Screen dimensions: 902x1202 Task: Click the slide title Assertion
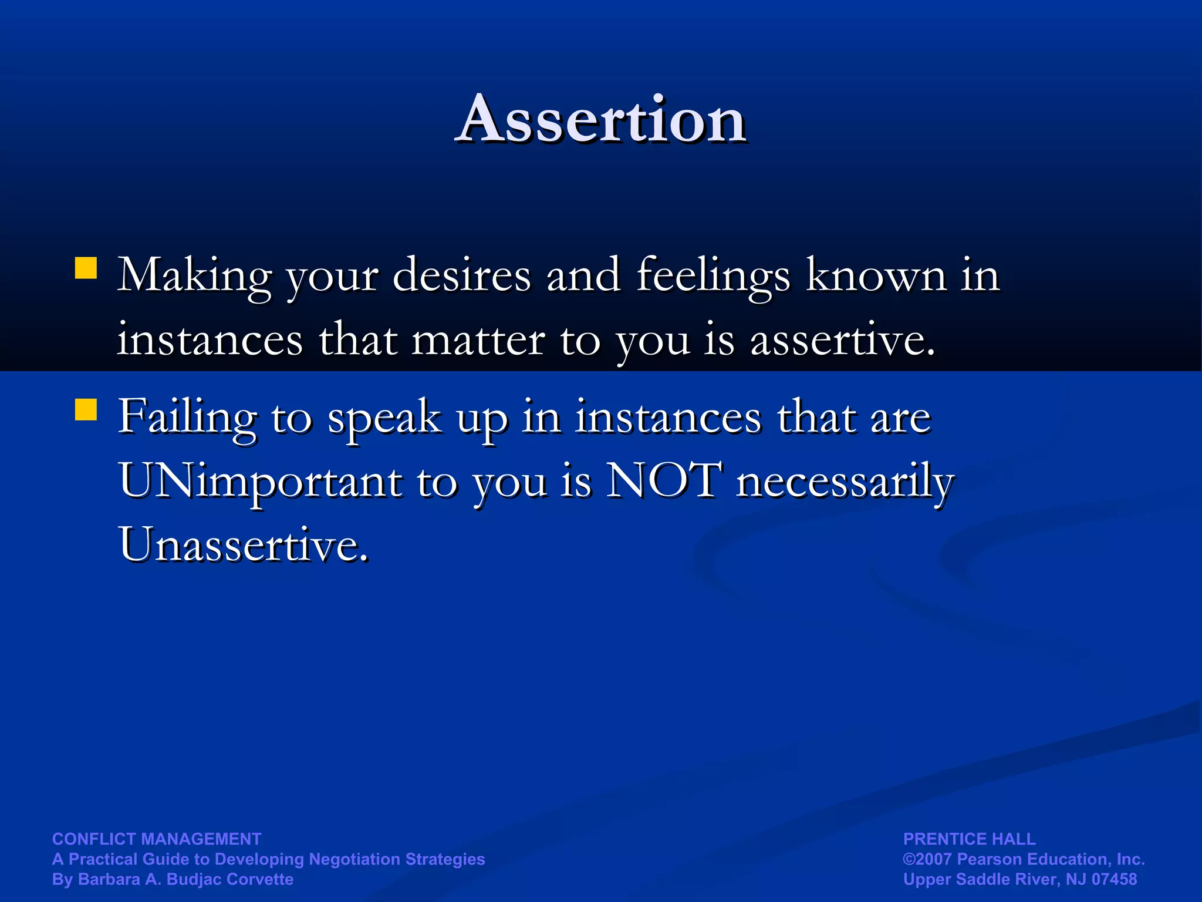[x=601, y=120]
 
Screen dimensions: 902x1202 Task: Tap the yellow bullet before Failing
[x=86, y=410]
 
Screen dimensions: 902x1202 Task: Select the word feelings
[x=713, y=276]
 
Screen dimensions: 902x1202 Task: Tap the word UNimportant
[x=261, y=482]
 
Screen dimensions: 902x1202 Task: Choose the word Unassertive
[x=243, y=544]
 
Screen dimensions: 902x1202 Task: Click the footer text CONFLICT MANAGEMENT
[x=157, y=839]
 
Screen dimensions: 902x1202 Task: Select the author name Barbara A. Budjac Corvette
[x=185, y=879]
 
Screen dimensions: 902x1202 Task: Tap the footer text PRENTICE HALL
[x=969, y=839]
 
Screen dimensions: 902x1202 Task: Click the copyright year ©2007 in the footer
[x=927, y=859]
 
